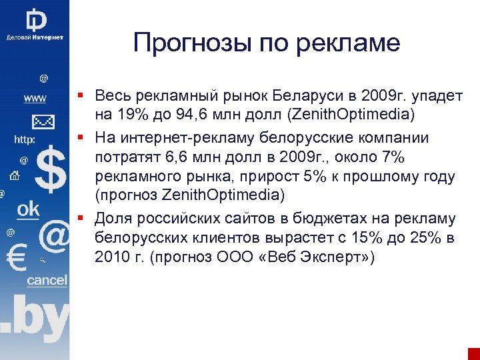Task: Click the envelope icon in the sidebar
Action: pyautogui.click(x=42, y=122)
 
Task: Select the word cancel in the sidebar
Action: pyautogui.click(x=47, y=280)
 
